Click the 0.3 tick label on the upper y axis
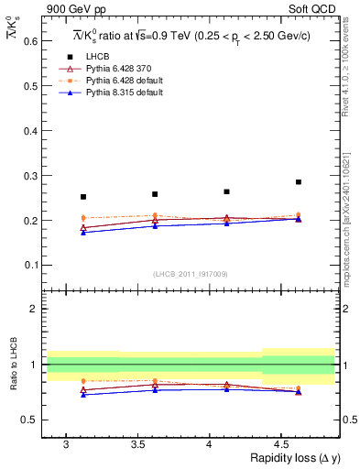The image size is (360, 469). (x=32, y=176)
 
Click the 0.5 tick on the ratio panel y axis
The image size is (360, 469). (x=32, y=420)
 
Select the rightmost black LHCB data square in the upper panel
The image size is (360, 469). (x=299, y=182)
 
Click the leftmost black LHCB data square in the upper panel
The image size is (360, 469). (x=83, y=197)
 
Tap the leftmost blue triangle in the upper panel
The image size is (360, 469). (x=83, y=233)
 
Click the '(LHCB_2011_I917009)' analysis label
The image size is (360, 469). (x=191, y=274)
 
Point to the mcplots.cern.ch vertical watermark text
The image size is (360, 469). (x=348, y=211)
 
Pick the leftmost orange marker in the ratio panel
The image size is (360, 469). (x=83, y=380)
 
